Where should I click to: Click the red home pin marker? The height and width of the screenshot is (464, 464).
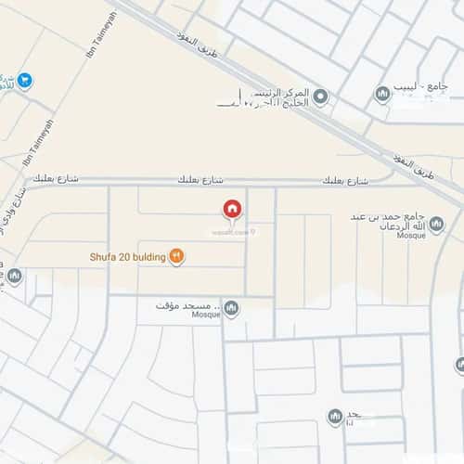(x=231, y=210)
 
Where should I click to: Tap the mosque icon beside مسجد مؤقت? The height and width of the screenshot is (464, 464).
(x=231, y=307)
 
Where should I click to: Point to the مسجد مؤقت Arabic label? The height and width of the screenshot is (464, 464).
(x=185, y=305)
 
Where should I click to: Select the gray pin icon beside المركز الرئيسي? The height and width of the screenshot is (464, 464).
(x=320, y=96)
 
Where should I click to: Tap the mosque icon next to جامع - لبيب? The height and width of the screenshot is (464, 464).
(x=381, y=94)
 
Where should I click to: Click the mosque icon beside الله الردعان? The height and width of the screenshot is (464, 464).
(x=383, y=226)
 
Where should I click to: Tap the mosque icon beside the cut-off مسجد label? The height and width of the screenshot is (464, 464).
(x=335, y=418)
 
